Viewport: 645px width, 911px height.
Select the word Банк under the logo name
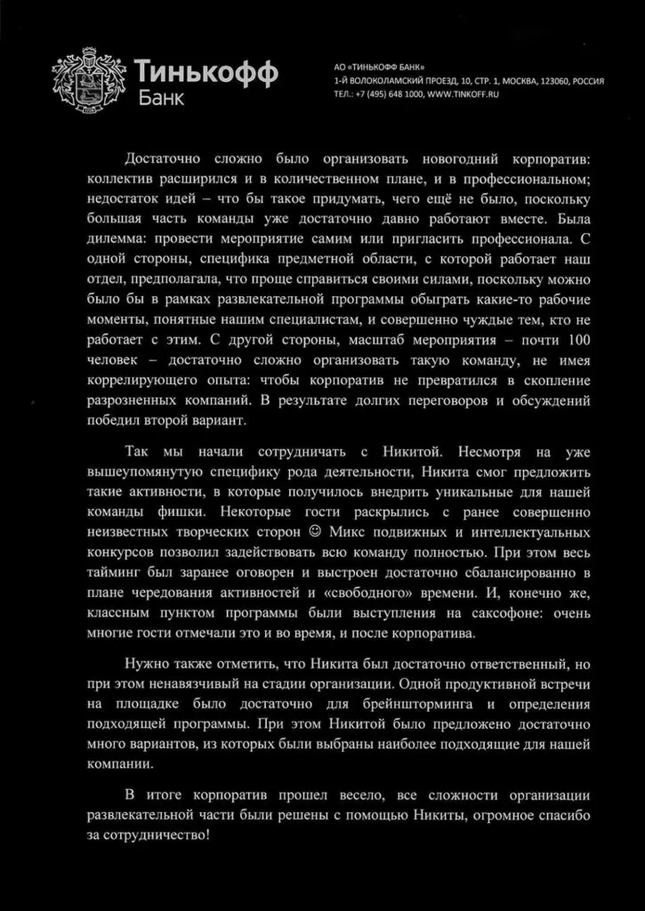point(161,97)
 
